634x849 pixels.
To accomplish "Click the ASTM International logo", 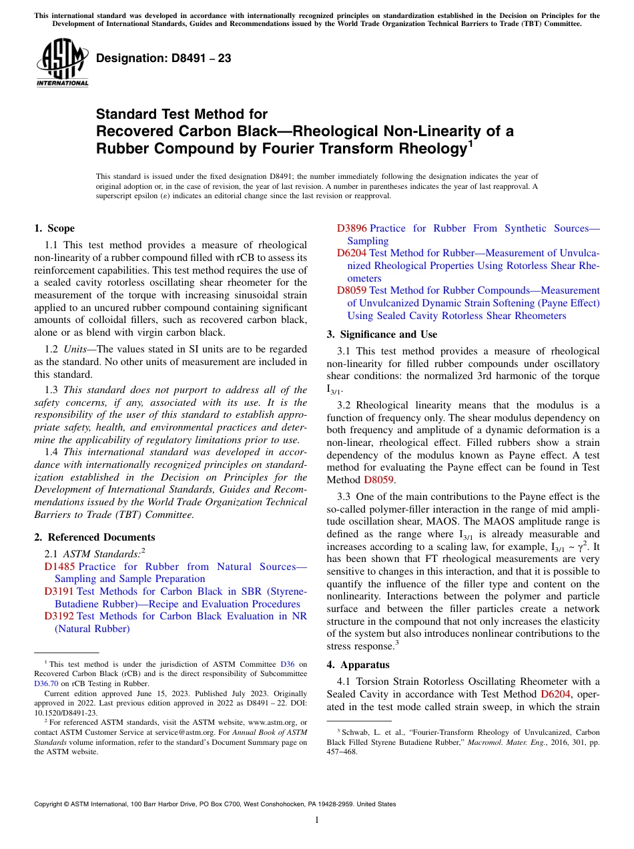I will coord(62,63).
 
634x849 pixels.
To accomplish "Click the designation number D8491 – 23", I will coord(164,58).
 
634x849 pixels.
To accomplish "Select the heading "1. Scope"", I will coord(55,228).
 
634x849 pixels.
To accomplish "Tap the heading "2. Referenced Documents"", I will coord(95,537).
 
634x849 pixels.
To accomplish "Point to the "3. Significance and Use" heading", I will coord(382,334).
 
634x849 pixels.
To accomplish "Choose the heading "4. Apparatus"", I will coord(356,665).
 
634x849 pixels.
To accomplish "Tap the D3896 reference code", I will coord(352,228).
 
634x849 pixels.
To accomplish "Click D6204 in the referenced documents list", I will coord(352,253).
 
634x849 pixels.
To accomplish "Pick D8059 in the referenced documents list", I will coord(352,290).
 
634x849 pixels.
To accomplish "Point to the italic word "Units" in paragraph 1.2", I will coord(76,349).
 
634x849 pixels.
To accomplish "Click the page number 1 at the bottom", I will coord(317,820).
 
